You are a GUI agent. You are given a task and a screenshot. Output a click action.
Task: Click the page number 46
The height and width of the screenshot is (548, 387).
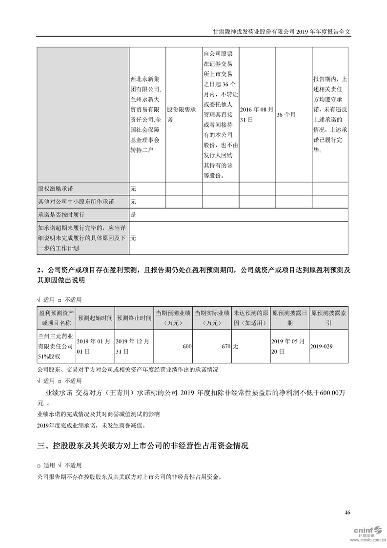tap(347, 512)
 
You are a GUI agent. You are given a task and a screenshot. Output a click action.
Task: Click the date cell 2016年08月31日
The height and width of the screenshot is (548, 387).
tap(257, 114)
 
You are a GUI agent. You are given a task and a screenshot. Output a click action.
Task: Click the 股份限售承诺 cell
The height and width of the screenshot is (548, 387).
tap(183, 114)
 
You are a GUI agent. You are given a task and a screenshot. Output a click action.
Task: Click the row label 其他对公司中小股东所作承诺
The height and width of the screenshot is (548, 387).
tap(76, 201)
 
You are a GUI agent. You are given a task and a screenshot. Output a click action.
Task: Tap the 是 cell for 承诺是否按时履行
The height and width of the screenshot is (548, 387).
tap(133, 214)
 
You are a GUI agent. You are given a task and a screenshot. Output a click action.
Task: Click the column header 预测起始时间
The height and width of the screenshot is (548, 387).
tap(95, 318)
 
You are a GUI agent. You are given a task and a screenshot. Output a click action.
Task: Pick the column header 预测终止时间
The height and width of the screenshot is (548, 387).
tap(134, 318)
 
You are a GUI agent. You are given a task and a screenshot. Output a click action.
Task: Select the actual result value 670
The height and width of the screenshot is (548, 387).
tap(225, 346)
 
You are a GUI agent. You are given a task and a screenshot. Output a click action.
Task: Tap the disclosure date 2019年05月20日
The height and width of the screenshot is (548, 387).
tap(288, 346)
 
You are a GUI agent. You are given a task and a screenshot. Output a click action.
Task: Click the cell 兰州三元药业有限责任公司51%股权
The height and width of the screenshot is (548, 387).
tap(56, 346)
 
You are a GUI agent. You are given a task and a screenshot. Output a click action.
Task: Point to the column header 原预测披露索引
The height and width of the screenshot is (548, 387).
tap(328, 318)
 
